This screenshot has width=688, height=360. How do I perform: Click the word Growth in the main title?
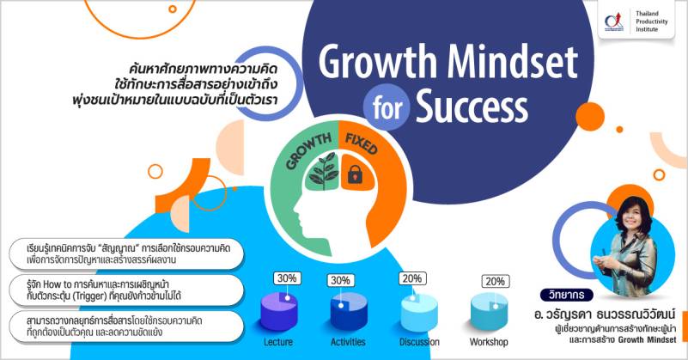tap(377, 64)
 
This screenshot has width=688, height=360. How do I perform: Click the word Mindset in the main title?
tap(513, 63)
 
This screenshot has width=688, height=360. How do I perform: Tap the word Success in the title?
tap(472, 107)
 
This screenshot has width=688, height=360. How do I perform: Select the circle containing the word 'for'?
tap(387, 107)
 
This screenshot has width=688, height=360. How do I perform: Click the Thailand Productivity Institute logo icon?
tap(614, 21)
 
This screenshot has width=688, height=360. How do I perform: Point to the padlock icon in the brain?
tap(355, 174)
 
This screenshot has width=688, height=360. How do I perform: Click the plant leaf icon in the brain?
tap(324, 172)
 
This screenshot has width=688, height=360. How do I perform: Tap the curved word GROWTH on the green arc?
tap(309, 150)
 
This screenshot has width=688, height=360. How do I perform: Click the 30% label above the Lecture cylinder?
tap(287, 278)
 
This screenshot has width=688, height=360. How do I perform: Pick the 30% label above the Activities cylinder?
tap(340, 281)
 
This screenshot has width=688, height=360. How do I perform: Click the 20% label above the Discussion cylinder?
tap(412, 278)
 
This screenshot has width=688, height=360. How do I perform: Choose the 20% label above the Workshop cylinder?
tap(495, 281)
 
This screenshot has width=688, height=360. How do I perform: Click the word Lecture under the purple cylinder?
tap(278, 342)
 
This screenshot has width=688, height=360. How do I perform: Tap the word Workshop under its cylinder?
tap(489, 342)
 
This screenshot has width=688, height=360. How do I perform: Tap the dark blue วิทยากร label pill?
tap(566, 295)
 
